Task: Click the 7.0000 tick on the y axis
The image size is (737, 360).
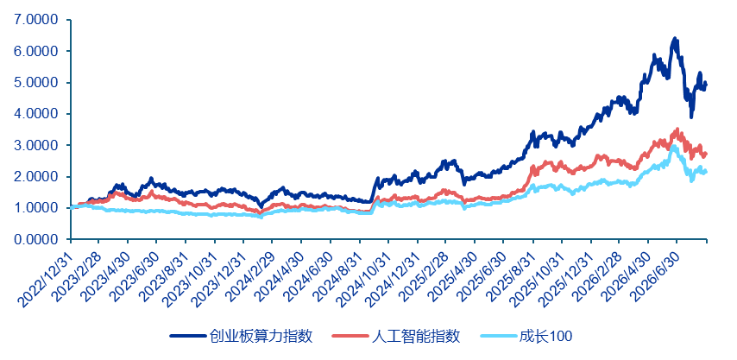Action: tap(37, 20)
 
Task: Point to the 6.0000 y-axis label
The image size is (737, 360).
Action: tap(37, 51)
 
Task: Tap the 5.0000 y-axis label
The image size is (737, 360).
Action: tap(37, 83)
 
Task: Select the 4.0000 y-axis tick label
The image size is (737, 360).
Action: tap(37, 114)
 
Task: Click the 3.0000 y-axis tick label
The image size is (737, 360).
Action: tap(37, 146)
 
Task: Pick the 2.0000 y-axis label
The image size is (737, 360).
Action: tap(37, 177)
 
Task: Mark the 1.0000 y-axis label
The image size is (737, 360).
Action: tap(37, 208)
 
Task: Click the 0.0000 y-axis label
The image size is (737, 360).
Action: tap(37, 240)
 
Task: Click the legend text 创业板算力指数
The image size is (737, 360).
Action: tap(261, 336)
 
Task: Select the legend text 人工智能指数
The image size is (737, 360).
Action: tap(416, 336)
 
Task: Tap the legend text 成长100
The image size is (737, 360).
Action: tap(545, 336)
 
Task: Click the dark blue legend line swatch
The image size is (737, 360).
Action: tap(188, 336)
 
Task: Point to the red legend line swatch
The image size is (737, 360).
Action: tap(350, 336)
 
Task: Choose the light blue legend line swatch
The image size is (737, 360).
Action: tap(498, 336)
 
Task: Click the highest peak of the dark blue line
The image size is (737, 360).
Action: tap(675, 39)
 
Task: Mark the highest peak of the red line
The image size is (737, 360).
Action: tap(677, 129)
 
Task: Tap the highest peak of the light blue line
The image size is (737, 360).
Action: tap(673, 146)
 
